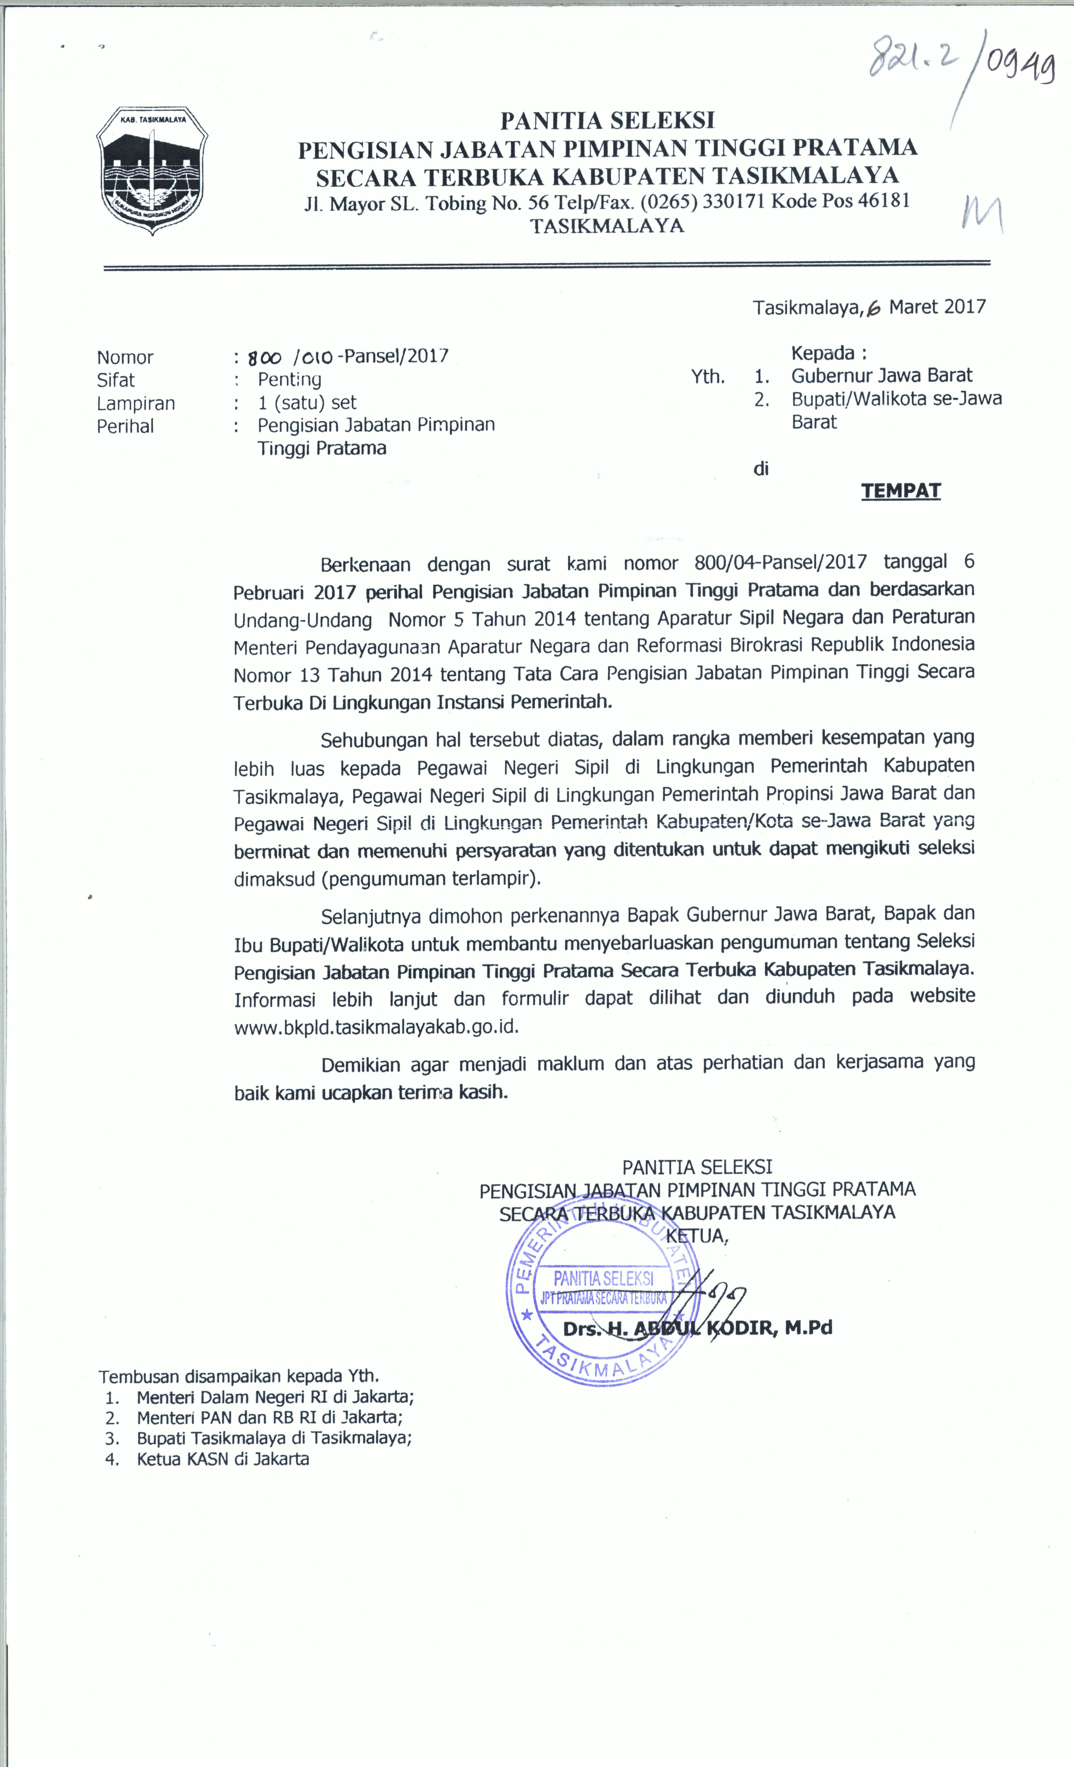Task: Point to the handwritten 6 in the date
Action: tap(873, 308)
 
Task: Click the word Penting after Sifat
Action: tap(289, 379)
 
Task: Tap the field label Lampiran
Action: tap(136, 403)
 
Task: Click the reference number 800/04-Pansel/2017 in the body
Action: tap(781, 562)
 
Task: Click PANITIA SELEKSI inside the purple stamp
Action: tap(603, 1278)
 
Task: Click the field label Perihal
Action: tap(125, 426)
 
